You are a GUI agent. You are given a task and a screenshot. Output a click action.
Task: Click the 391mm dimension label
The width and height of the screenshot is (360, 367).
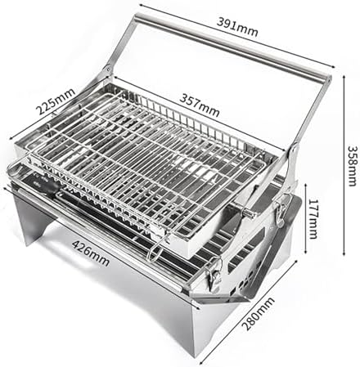click(x=237, y=27)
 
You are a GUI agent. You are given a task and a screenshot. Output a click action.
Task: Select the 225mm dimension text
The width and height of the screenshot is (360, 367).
click(x=56, y=101)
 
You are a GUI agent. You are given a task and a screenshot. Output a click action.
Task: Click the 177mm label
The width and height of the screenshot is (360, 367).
click(x=313, y=219)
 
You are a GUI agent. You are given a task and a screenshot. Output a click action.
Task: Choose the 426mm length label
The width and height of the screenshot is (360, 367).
click(x=91, y=253)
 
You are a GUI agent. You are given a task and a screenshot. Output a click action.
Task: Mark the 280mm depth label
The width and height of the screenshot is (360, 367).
click(x=259, y=314)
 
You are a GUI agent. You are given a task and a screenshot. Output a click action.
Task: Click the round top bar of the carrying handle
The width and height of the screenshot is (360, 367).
click(x=232, y=46)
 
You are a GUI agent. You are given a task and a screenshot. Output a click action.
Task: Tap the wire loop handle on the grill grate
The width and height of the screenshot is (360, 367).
click(x=155, y=251)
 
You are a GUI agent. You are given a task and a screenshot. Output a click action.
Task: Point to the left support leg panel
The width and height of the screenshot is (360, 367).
click(x=31, y=218)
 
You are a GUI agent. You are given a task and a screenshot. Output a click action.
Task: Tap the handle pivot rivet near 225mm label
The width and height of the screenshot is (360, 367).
click(x=108, y=68)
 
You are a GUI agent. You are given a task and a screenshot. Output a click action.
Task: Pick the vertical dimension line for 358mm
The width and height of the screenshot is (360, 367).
click(x=344, y=167)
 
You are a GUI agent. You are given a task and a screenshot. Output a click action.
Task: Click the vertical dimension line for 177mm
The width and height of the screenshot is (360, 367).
click(x=306, y=219)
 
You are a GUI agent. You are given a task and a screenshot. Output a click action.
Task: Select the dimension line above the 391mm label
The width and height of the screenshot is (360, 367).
click(x=237, y=36)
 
